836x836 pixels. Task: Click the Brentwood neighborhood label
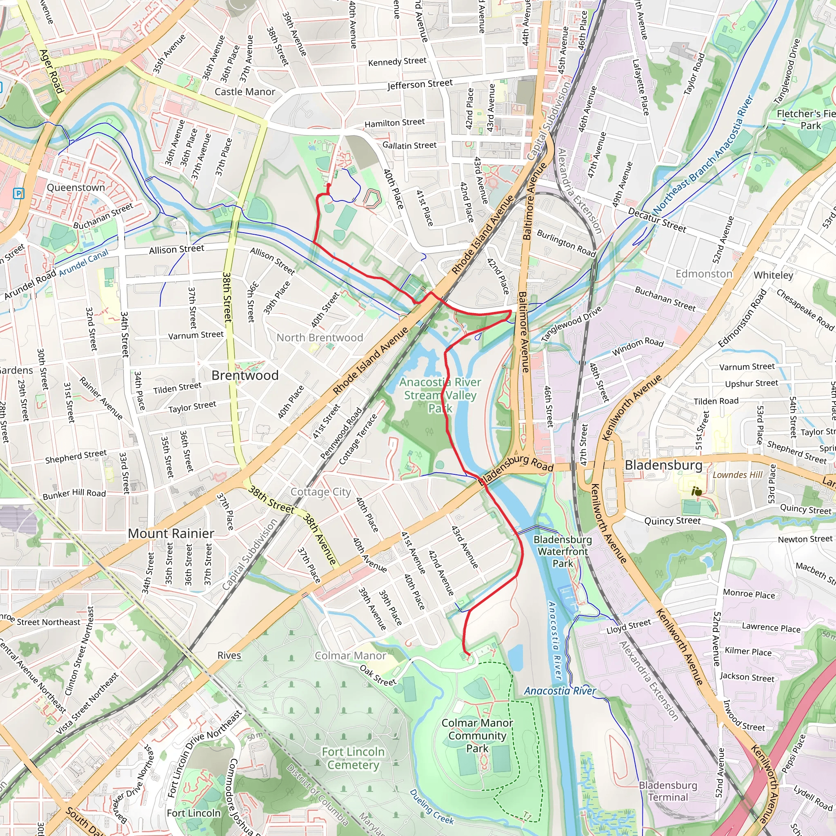(x=245, y=375)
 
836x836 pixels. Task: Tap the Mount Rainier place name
(x=171, y=533)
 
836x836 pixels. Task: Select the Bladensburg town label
(x=663, y=465)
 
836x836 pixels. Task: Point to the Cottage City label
(x=320, y=492)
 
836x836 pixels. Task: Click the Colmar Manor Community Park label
(x=477, y=735)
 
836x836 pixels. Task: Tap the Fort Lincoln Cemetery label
(x=353, y=758)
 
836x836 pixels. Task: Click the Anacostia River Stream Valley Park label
(x=440, y=395)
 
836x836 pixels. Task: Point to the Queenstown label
(x=76, y=188)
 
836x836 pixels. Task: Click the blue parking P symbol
(x=19, y=193)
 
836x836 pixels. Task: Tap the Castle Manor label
(x=245, y=92)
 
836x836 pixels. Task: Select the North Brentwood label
(x=320, y=338)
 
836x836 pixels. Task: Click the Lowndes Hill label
(x=737, y=475)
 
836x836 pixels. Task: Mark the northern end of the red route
(x=329, y=186)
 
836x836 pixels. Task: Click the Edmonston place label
(x=704, y=274)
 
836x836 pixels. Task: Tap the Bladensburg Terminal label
(x=668, y=791)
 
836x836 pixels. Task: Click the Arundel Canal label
(x=84, y=263)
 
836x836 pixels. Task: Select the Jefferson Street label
(x=420, y=84)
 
